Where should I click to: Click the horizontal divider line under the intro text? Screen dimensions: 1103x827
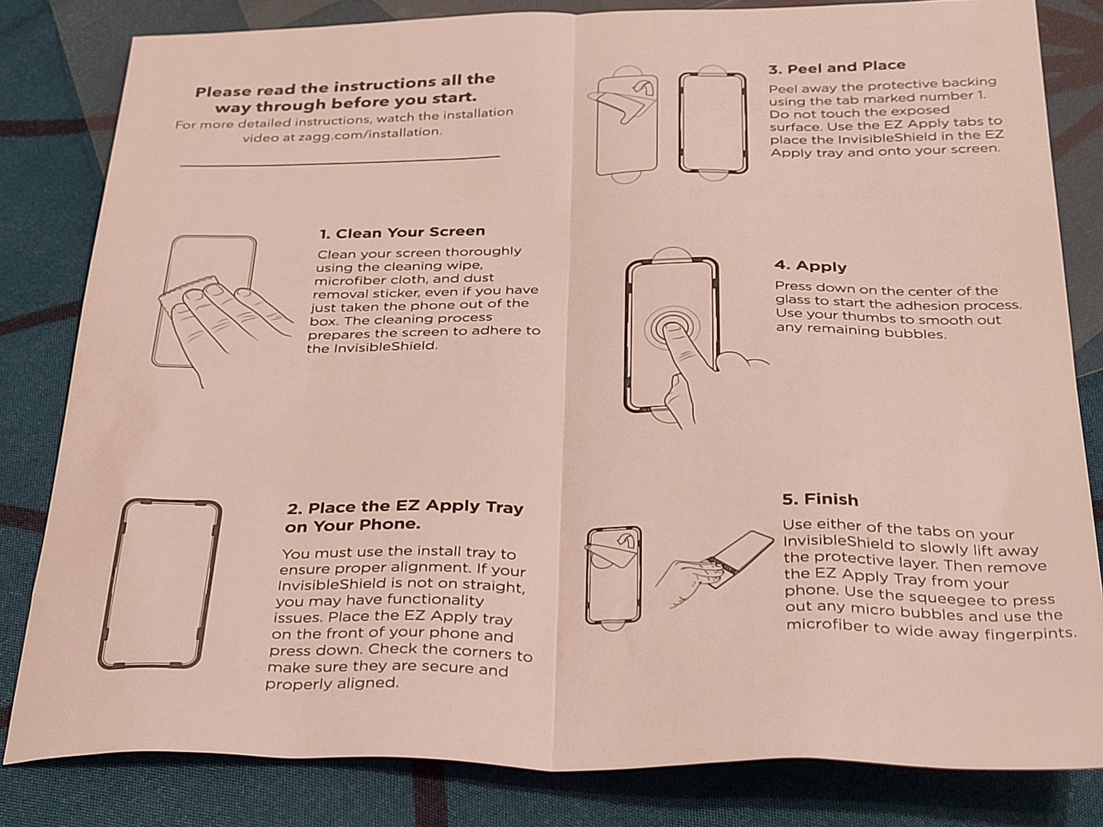tap(340, 161)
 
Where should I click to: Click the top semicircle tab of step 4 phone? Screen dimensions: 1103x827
tap(672, 254)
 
